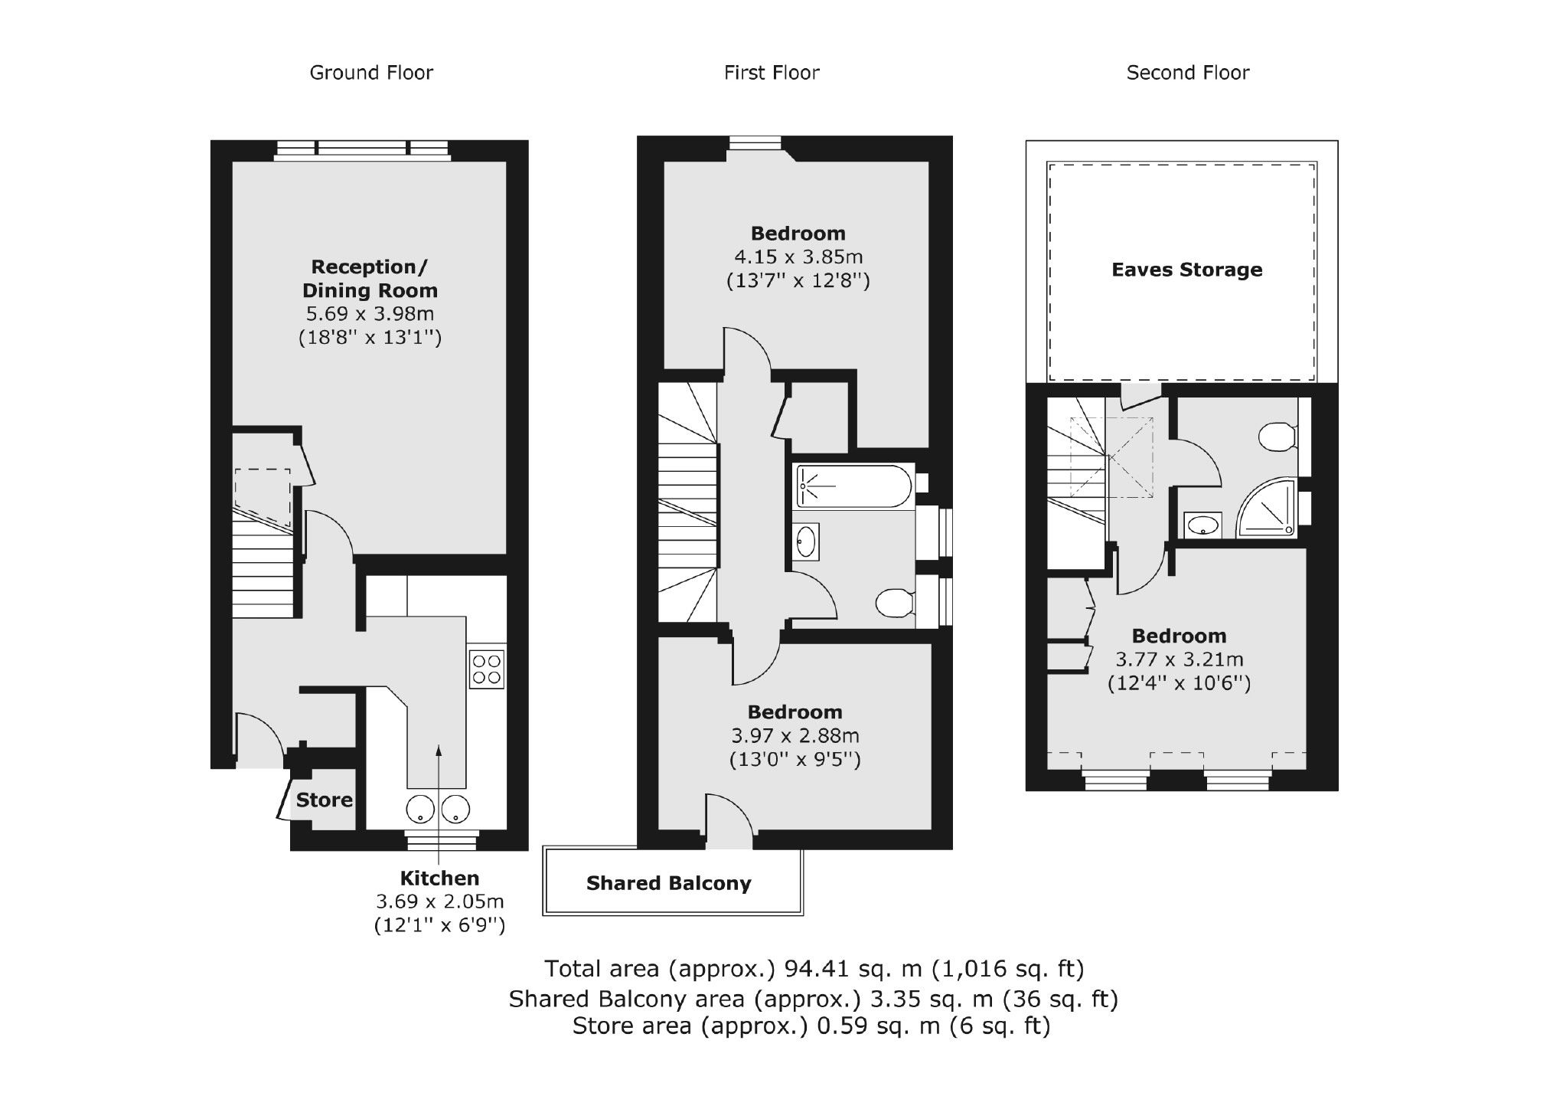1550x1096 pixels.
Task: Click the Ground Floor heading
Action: tap(371, 73)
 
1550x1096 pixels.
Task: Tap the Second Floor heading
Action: tap(1187, 73)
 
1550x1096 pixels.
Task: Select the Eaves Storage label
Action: tap(1186, 270)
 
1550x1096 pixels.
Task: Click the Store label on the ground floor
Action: tap(324, 800)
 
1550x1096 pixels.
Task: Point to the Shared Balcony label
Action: tap(668, 884)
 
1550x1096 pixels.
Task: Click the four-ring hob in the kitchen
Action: tap(487, 669)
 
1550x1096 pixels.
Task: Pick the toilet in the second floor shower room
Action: tap(1276, 437)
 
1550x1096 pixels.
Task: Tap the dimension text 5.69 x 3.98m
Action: tap(370, 314)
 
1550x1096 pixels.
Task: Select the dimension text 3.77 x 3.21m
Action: tap(1179, 659)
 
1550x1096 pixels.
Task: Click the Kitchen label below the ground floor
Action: tap(439, 878)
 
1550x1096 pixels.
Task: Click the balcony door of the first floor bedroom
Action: tap(729, 823)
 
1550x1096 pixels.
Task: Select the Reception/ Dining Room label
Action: tap(370, 279)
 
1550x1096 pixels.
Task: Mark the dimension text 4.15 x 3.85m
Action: tap(798, 257)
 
